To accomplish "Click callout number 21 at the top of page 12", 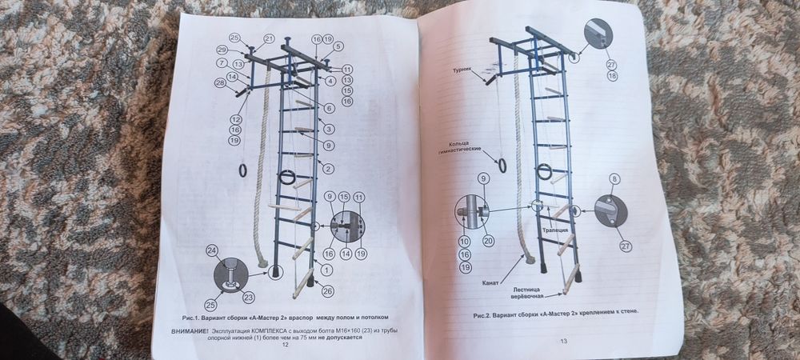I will (x=269, y=38).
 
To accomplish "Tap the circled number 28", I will (x=219, y=83).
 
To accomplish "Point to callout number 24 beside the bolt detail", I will (x=212, y=250).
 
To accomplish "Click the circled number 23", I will (x=248, y=297).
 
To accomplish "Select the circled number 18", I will (x=612, y=76).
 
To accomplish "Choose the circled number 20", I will (x=488, y=240).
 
